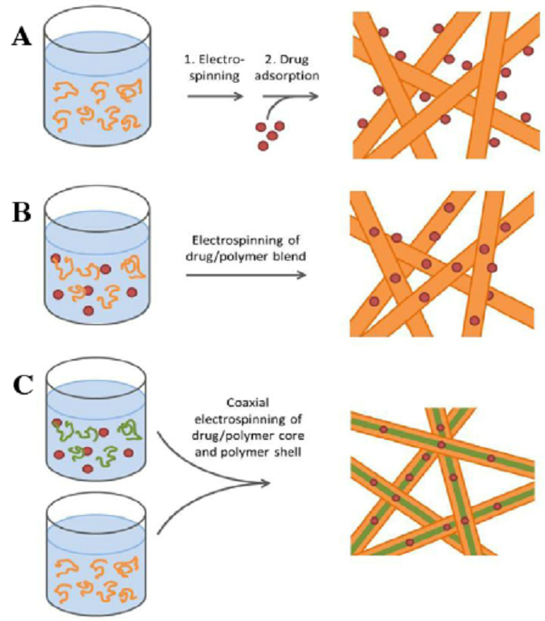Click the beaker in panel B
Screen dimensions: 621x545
tap(95, 256)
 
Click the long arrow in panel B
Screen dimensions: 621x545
tap(246, 274)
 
